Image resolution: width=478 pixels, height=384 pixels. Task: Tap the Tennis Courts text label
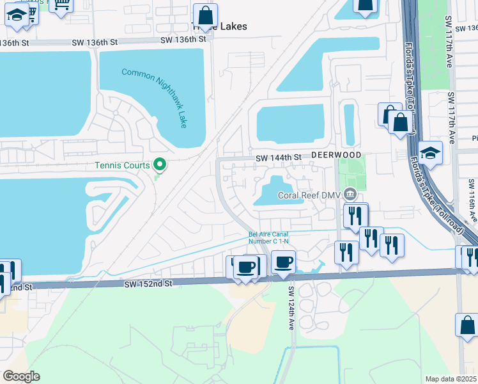[x=122, y=165]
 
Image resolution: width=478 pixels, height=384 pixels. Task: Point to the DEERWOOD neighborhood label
[x=337, y=156]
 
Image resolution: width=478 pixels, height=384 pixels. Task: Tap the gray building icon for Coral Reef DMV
[x=350, y=194]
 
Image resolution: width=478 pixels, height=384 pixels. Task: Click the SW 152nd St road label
[x=149, y=283]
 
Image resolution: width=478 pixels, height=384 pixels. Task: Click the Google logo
[x=21, y=376]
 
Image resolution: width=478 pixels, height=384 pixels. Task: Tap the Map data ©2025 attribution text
[x=451, y=379]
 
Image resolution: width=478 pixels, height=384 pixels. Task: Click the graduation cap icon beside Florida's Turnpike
[x=431, y=153]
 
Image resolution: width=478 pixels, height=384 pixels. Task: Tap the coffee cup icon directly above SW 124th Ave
[x=283, y=261]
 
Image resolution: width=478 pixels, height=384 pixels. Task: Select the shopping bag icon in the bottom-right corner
[x=467, y=324]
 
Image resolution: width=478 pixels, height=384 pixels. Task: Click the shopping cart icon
[x=62, y=5]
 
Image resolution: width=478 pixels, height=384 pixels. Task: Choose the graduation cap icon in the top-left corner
[x=17, y=15]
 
